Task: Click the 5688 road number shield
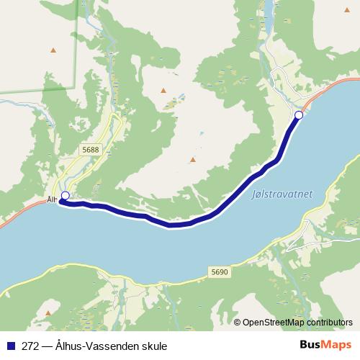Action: tap(90, 149)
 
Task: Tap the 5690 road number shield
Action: tap(220, 271)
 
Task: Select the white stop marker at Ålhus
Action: tap(65, 196)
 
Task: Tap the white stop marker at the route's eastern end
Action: tap(299, 115)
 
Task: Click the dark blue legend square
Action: tap(10, 345)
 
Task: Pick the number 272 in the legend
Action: tap(30, 345)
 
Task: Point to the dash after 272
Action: tap(47, 345)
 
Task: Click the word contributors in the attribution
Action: tap(332, 322)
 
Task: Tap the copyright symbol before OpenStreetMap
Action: tap(238, 322)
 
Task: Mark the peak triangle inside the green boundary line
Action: tap(53, 50)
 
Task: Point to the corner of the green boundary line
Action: tap(74, 89)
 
